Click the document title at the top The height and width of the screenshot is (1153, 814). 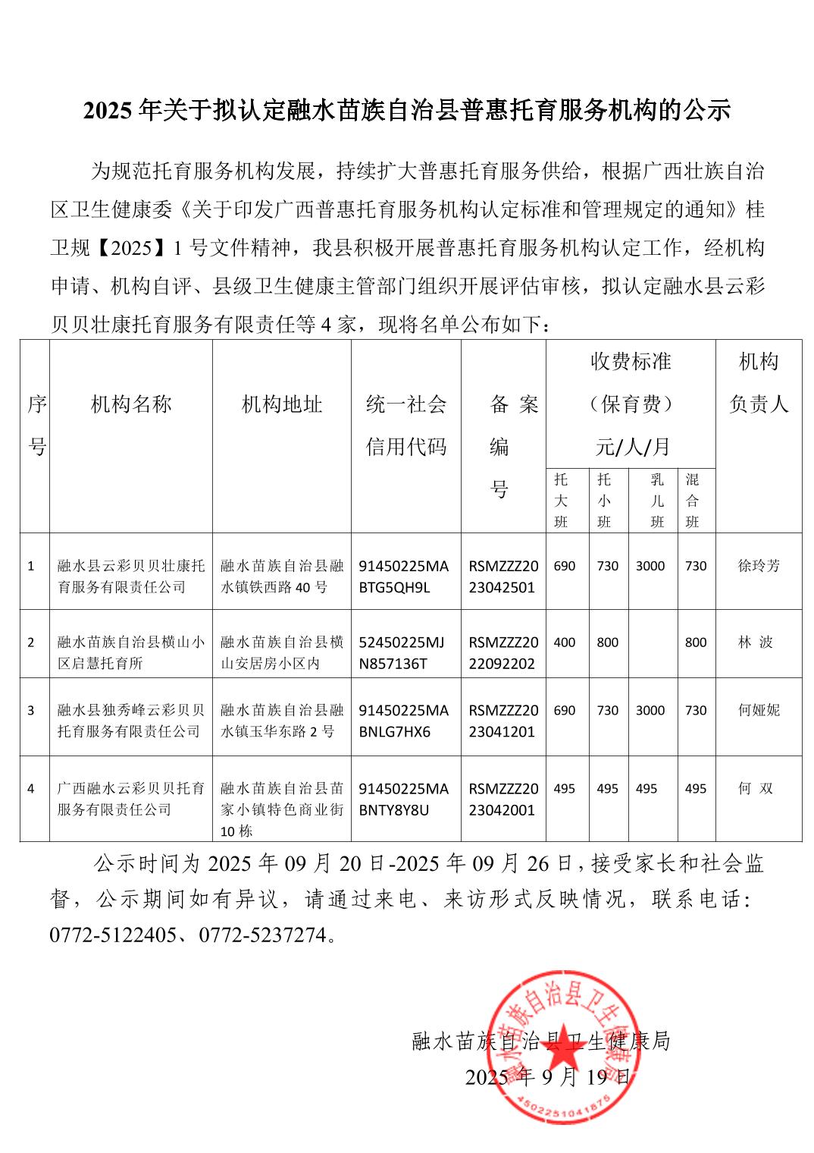pyautogui.click(x=406, y=111)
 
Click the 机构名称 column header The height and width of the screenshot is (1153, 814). pyautogui.click(x=131, y=404)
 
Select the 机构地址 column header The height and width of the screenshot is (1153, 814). pyautogui.click(x=282, y=404)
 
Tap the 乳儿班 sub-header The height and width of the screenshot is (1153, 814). pyautogui.click(x=656, y=501)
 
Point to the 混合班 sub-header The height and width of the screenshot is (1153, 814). pyautogui.click(x=692, y=501)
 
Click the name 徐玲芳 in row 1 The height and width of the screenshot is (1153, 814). pyautogui.click(x=758, y=566)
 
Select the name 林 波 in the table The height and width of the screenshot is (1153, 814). pyautogui.click(x=756, y=642)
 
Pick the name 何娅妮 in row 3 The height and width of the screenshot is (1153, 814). pyautogui.click(x=758, y=711)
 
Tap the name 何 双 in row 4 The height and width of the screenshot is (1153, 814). pyautogui.click(x=756, y=789)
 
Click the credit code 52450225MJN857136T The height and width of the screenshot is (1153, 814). pyautogui.click(x=402, y=653)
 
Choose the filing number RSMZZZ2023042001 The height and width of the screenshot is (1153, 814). pyautogui.click(x=503, y=800)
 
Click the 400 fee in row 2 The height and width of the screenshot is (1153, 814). pyautogui.click(x=565, y=642)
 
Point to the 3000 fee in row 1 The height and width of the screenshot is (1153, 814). pyautogui.click(x=650, y=566)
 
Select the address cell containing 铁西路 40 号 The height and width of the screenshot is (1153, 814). pyautogui.click(x=282, y=576)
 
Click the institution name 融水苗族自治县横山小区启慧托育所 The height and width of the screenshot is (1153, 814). pyautogui.click(x=131, y=653)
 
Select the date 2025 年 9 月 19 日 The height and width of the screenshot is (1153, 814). pyautogui.click(x=547, y=1077)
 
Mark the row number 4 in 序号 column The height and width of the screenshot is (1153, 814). pyautogui.click(x=31, y=789)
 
